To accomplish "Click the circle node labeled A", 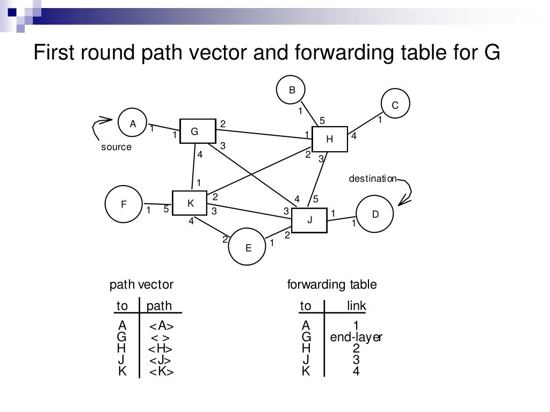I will (x=133, y=123).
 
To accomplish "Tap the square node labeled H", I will (x=330, y=139).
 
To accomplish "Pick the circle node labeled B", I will (x=291, y=90).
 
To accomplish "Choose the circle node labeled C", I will (x=395, y=105).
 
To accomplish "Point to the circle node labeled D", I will (x=375, y=214).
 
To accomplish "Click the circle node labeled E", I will (x=248, y=247).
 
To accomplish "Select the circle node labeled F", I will (x=124, y=204).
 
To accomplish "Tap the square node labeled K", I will (x=190, y=203).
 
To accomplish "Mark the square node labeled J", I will (x=309, y=219).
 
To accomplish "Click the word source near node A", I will (x=116, y=147).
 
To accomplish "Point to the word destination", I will (x=373, y=179).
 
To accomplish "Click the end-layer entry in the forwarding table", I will (x=356, y=337).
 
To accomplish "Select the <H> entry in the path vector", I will (x=161, y=348).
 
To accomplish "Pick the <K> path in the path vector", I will (x=161, y=371).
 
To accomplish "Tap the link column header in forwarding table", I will (x=356, y=306).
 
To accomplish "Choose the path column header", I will (x=160, y=306).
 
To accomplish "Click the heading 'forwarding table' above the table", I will (x=332, y=284).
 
